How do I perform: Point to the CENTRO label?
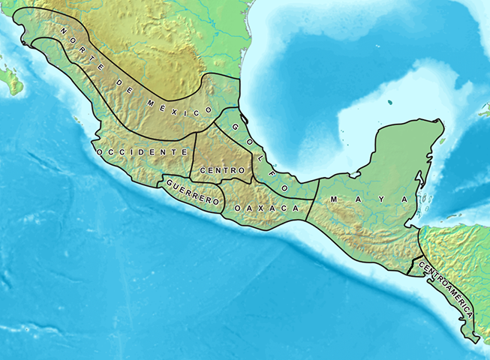[x=218, y=170]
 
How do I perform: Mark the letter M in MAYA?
[x=333, y=199]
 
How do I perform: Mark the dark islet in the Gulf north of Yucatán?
[x=391, y=103]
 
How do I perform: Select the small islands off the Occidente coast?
[x=77, y=120]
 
